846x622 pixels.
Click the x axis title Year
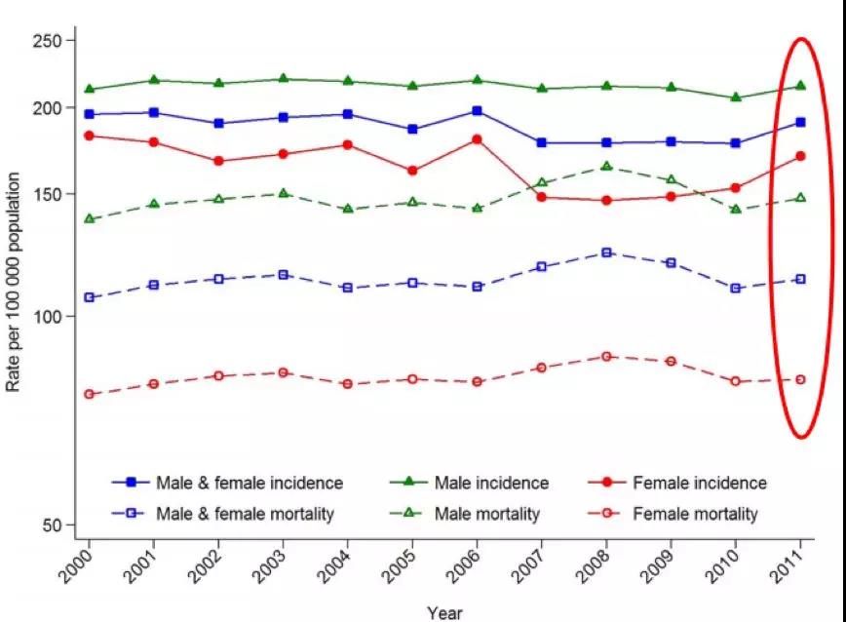coord(444,612)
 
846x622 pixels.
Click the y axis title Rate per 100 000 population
coord(14,283)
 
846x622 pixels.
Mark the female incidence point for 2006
coord(477,139)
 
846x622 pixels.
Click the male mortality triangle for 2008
coord(606,167)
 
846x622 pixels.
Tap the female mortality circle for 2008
coord(606,357)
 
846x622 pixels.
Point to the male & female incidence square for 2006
coord(477,111)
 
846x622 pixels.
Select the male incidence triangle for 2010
coord(736,97)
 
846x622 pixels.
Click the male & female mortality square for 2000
coord(90,297)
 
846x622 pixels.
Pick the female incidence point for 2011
coord(800,156)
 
